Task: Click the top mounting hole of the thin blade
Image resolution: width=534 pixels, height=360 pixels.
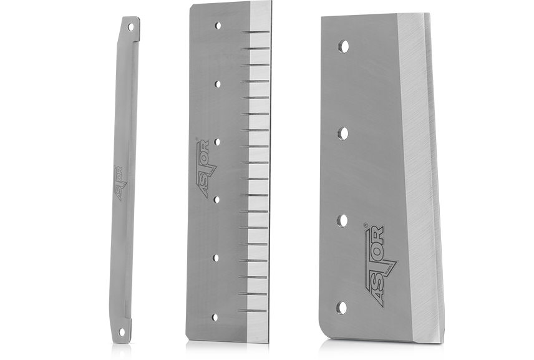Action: (x=130, y=26)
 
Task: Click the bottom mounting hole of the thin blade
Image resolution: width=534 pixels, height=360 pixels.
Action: (x=121, y=331)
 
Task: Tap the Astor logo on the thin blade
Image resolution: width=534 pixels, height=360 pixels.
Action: (x=120, y=183)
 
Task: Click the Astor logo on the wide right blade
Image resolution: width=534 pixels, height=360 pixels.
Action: (x=379, y=265)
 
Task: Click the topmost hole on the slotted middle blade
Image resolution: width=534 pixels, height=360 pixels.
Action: (x=218, y=26)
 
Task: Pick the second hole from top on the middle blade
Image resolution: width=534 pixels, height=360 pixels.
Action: (x=217, y=84)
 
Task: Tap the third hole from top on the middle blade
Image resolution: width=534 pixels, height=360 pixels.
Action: (x=217, y=142)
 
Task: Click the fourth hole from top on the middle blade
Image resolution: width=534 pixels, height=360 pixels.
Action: (x=216, y=200)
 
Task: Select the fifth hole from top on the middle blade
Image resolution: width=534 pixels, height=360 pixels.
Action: (x=216, y=258)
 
